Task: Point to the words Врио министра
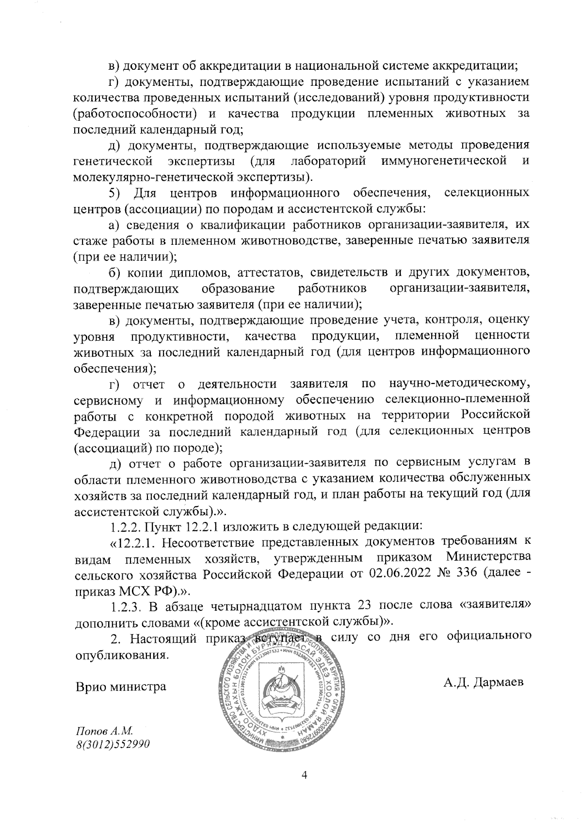click(120, 686)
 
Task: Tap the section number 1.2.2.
click(127, 527)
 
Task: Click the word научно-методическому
click(459, 384)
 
